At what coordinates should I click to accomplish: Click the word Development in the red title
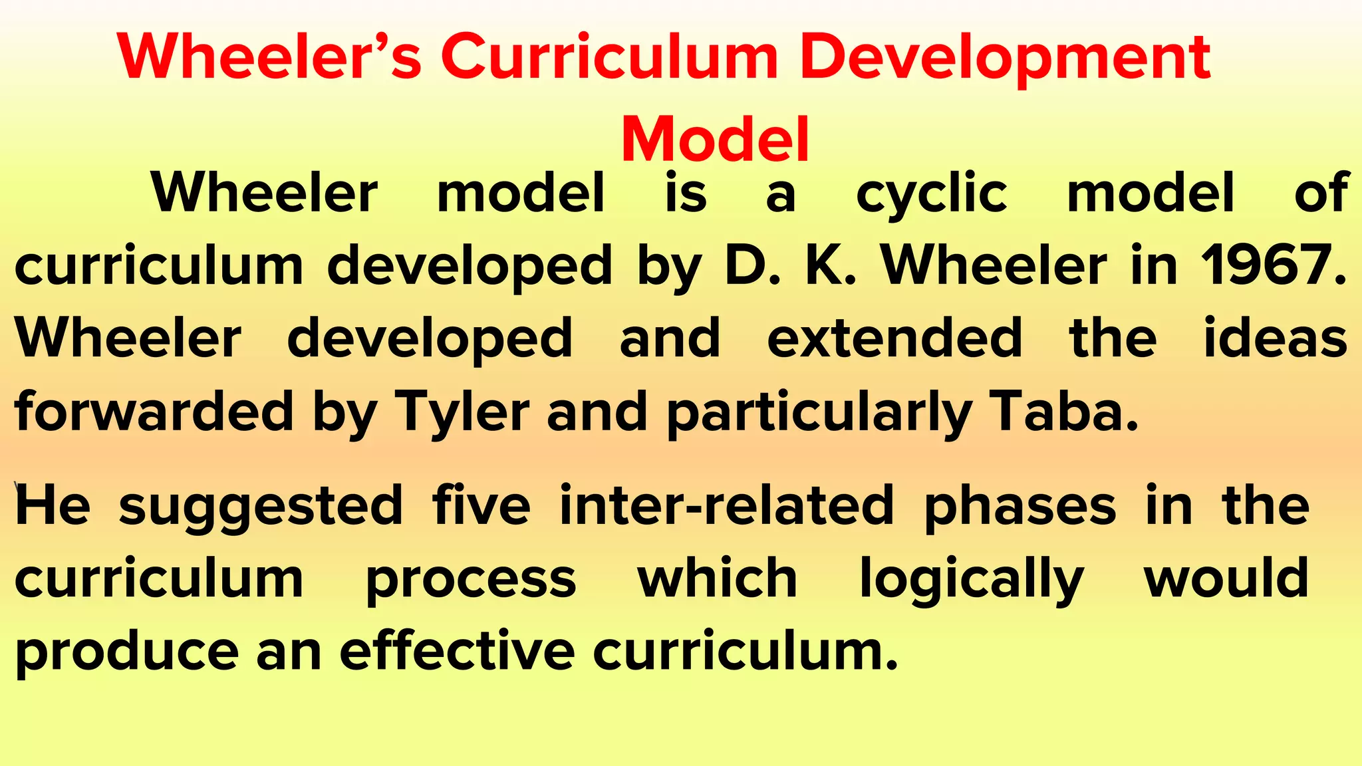1005,59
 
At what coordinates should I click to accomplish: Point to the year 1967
1272,265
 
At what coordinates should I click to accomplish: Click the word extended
894,338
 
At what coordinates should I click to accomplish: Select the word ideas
1276,338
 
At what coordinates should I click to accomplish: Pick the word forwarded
154,410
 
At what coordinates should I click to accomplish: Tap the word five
481,505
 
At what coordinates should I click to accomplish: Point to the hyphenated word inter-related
726,505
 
